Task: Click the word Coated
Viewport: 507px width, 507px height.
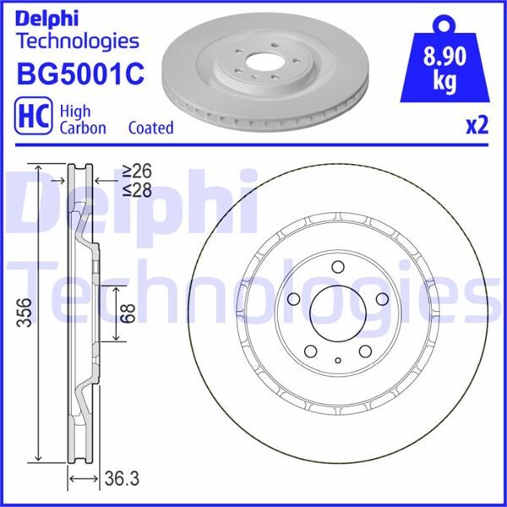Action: coord(150,128)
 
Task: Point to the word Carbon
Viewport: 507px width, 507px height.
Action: coord(83,128)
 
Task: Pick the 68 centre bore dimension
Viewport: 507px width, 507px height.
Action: coord(126,313)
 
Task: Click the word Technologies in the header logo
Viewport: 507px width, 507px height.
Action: coord(77,41)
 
